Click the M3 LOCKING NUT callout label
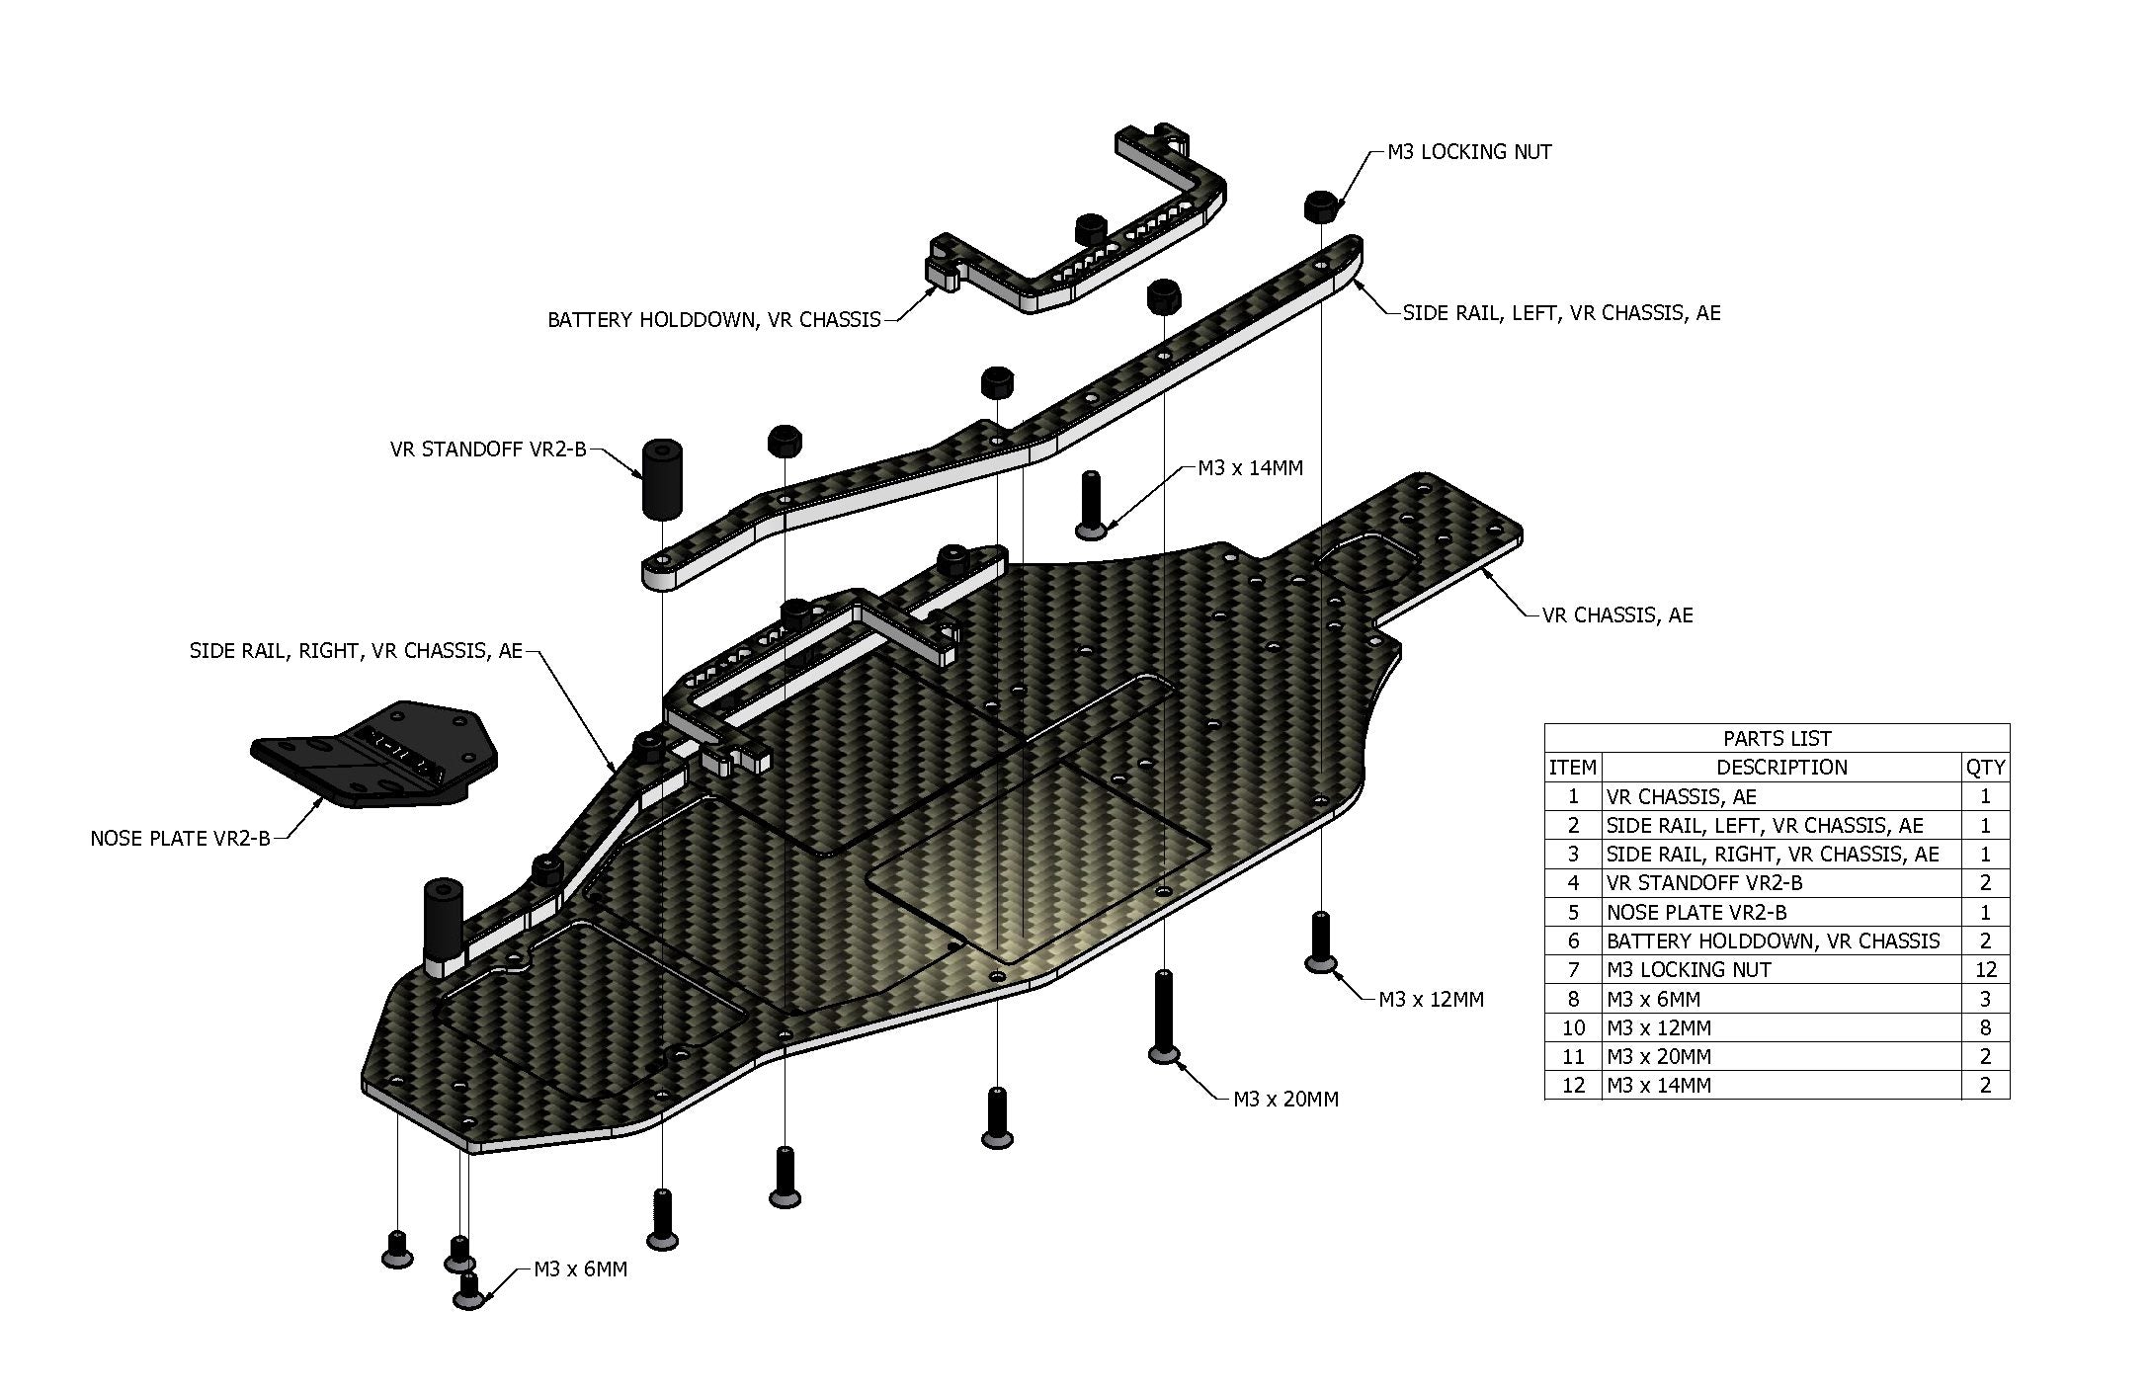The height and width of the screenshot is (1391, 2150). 1468,152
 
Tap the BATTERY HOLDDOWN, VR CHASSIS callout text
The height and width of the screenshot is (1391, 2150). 713,320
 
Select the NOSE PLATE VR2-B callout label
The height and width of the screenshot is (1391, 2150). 180,839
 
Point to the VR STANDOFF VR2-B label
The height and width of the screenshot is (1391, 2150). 488,450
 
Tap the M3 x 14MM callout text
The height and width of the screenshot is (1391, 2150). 1250,468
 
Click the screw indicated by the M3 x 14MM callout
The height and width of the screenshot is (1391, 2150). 1090,505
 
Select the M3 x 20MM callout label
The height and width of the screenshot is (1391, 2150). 1285,1100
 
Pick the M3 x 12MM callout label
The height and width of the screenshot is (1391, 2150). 1431,1000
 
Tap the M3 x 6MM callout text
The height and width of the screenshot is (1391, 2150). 580,1269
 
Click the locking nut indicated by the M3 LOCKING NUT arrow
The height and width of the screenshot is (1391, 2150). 1321,206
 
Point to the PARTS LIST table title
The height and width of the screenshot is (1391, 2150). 1777,738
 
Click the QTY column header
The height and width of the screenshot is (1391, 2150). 1984,768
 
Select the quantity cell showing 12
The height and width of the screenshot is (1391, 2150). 1984,970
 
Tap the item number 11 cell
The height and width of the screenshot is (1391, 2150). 1573,1057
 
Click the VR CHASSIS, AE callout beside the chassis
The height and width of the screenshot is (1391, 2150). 1616,615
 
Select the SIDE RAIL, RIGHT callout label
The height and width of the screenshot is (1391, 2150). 356,651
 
